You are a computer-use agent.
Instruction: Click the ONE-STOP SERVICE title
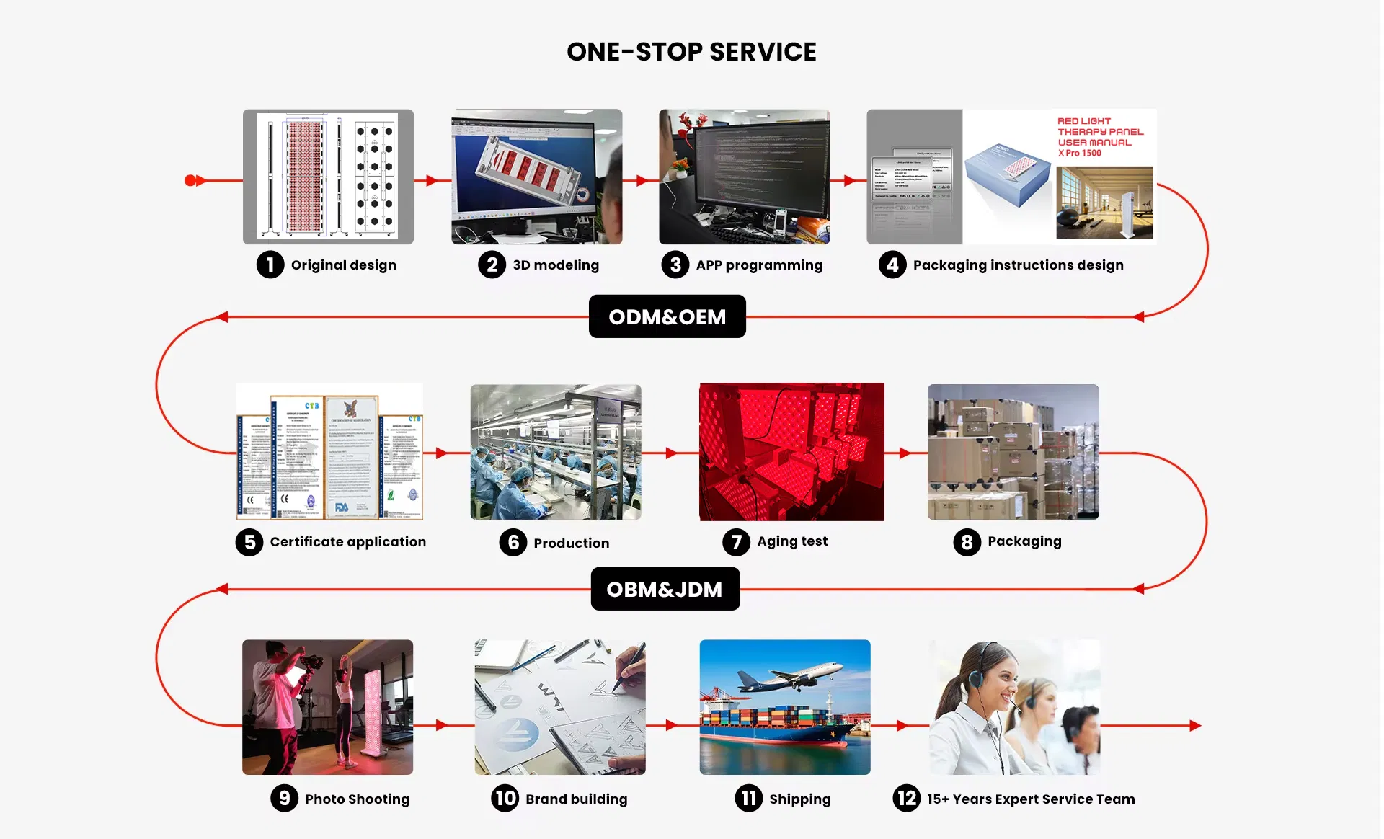coord(691,52)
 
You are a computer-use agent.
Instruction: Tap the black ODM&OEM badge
coord(667,316)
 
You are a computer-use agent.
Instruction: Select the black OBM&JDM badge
coord(665,589)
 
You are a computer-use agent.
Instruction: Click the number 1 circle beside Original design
coord(270,265)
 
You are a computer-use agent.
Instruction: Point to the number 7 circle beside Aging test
coord(736,541)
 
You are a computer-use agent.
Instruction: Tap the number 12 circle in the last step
coord(907,798)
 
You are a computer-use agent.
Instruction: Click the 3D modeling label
coord(556,265)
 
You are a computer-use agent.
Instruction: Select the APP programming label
coord(759,265)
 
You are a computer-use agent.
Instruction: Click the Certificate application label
coord(347,542)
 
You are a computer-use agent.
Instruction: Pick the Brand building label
coord(576,799)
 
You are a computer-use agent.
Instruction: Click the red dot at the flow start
coord(190,180)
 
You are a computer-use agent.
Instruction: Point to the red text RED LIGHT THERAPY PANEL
coord(1100,132)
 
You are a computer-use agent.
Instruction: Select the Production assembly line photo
coord(556,452)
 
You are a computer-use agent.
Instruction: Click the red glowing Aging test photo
coord(791,452)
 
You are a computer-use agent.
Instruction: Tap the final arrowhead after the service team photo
coord(1195,726)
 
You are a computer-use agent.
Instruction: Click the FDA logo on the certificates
coord(342,507)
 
